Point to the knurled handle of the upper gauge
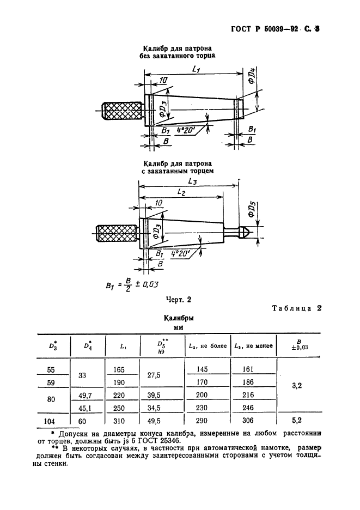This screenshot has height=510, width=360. tap(120, 111)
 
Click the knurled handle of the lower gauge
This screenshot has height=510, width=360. tap(116, 234)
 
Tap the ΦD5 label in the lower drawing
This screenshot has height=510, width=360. tap(251, 210)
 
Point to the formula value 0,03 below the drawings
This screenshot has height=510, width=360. tap(155, 283)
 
